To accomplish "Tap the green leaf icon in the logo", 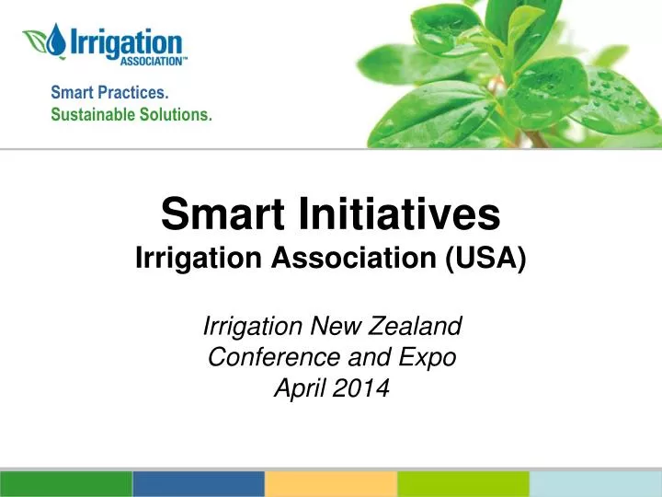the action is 36,41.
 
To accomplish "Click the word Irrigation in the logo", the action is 126,43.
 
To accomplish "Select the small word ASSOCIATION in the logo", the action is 152,62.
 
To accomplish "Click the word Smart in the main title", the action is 223,214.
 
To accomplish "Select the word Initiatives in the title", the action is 399,214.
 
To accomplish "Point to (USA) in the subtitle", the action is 485,258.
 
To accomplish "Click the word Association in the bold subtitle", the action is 354,258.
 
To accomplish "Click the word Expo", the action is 428,358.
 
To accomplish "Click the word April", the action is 300,388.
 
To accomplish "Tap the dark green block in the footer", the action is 66,484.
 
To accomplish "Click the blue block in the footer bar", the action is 199,484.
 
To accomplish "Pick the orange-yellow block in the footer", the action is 331,484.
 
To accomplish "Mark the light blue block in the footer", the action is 596,484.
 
